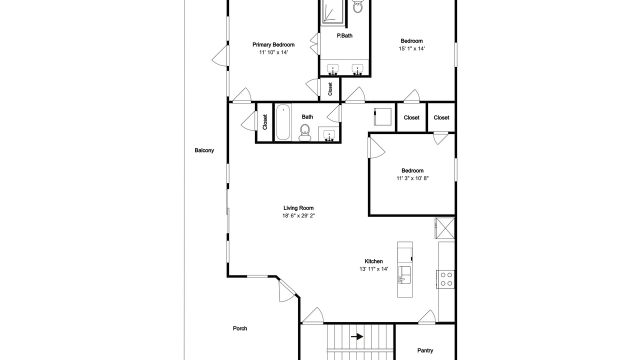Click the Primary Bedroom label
coord(273,45)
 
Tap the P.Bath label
coord(344,35)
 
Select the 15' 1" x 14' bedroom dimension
coord(411,48)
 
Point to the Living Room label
coord(298,208)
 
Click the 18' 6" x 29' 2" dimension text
coord(298,215)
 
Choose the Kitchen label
coord(373,261)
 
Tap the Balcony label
coord(204,150)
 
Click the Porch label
coord(240,328)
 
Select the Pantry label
coord(425,350)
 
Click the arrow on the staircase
coord(357,337)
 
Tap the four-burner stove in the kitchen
coord(445,279)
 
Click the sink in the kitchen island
coord(404,275)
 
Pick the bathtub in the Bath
coord(283,122)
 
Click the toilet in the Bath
coord(305,133)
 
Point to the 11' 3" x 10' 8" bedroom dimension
coord(412,178)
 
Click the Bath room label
coord(307,117)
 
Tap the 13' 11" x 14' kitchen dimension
coord(373,269)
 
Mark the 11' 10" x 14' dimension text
coord(273,52)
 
